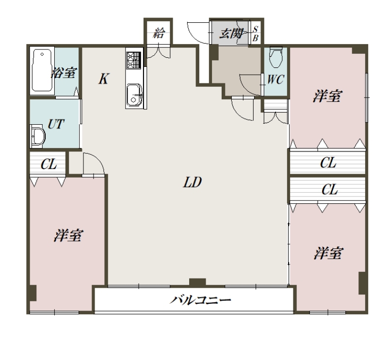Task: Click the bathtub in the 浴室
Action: (42, 70)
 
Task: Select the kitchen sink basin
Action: (134, 94)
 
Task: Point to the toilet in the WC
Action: (275, 57)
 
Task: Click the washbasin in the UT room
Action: (37, 136)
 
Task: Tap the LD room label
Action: (192, 182)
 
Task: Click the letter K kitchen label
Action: (103, 79)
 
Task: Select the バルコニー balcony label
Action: (200, 300)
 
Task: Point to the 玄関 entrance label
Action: (231, 33)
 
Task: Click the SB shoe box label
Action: (256, 33)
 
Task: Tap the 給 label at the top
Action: (158, 33)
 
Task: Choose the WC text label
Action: (275, 80)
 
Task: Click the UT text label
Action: (56, 124)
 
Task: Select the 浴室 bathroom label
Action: (64, 73)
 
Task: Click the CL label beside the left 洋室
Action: (48, 164)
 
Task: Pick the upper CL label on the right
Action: (328, 163)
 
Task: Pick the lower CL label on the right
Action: (330, 190)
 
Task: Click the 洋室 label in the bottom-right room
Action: (328, 253)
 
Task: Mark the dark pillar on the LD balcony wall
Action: (197, 282)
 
